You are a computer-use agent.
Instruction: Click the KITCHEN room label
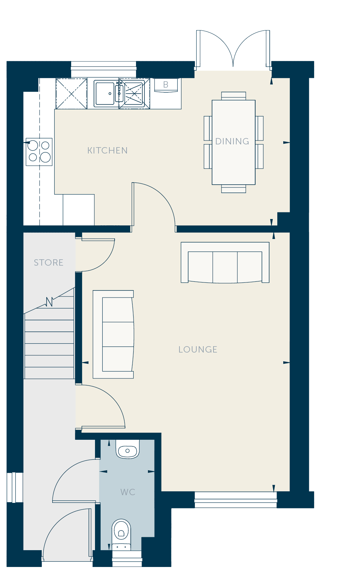pyautogui.click(x=107, y=150)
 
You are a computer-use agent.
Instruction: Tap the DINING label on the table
pyautogui.click(x=232, y=141)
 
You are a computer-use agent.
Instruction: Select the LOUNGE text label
pyautogui.click(x=198, y=349)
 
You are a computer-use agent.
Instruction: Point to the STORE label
pyautogui.click(x=48, y=262)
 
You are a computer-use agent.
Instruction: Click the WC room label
pyautogui.click(x=128, y=492)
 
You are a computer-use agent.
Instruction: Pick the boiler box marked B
pyautogui.click(x=166, y=85)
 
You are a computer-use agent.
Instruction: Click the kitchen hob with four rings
pyautogui.click(x=39, y=152)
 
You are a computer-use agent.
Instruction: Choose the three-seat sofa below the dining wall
pyautogui.click(x=225, y=262)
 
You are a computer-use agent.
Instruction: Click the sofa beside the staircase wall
pyautogui.click(x=113, y=334)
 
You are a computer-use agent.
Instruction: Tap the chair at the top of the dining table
pyautogui.click(x=233, y=96)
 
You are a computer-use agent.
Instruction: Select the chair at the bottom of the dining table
pyautogui.click(x=233, y=189)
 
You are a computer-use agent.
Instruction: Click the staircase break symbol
pyautogui.click(x=49, y=302)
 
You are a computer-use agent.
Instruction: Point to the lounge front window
pyautogui.click(x=236, y=500)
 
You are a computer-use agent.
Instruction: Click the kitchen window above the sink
pyautogui.click(x=103, y=69)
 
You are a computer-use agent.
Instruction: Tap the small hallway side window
pyautogui.click(x=15, y=487)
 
